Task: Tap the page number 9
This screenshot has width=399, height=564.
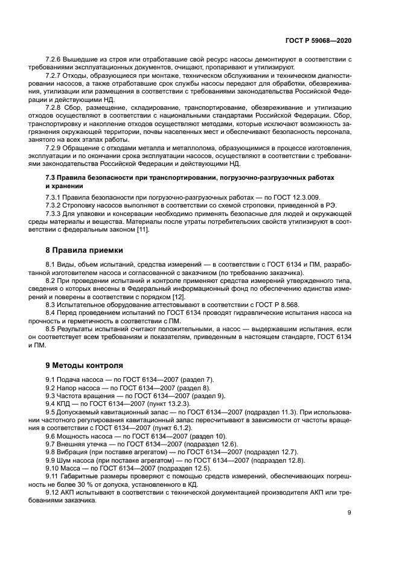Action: (350, 513)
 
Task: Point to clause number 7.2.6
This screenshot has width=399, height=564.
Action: (55, 59)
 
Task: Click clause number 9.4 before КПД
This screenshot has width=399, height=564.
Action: (51, 403)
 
